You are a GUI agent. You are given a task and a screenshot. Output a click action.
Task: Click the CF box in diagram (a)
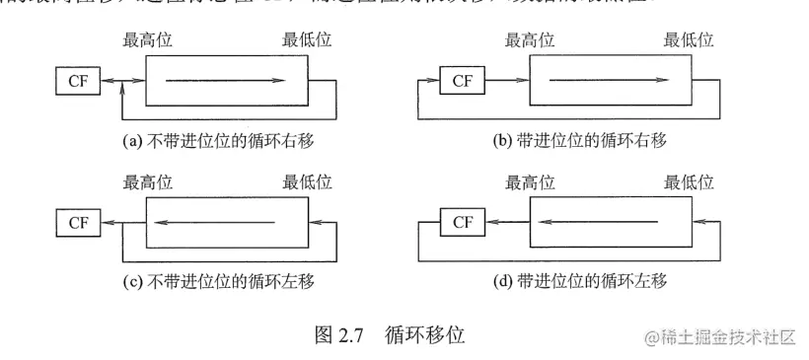tap(78, 81)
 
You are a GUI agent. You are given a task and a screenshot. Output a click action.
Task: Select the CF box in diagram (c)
tap(78, 222)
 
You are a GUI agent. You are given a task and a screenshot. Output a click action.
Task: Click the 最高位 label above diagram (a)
tap(148, 41)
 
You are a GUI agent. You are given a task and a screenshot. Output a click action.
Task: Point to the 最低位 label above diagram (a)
tap(307, 41)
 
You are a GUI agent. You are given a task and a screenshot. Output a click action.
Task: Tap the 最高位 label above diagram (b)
tap(530, 41)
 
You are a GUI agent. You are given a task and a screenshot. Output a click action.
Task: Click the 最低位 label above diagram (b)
tap(690, 41)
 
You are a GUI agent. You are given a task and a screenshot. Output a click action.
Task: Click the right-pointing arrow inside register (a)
tap(225, 81)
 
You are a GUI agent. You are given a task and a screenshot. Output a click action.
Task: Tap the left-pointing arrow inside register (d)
tap(606, 222)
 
